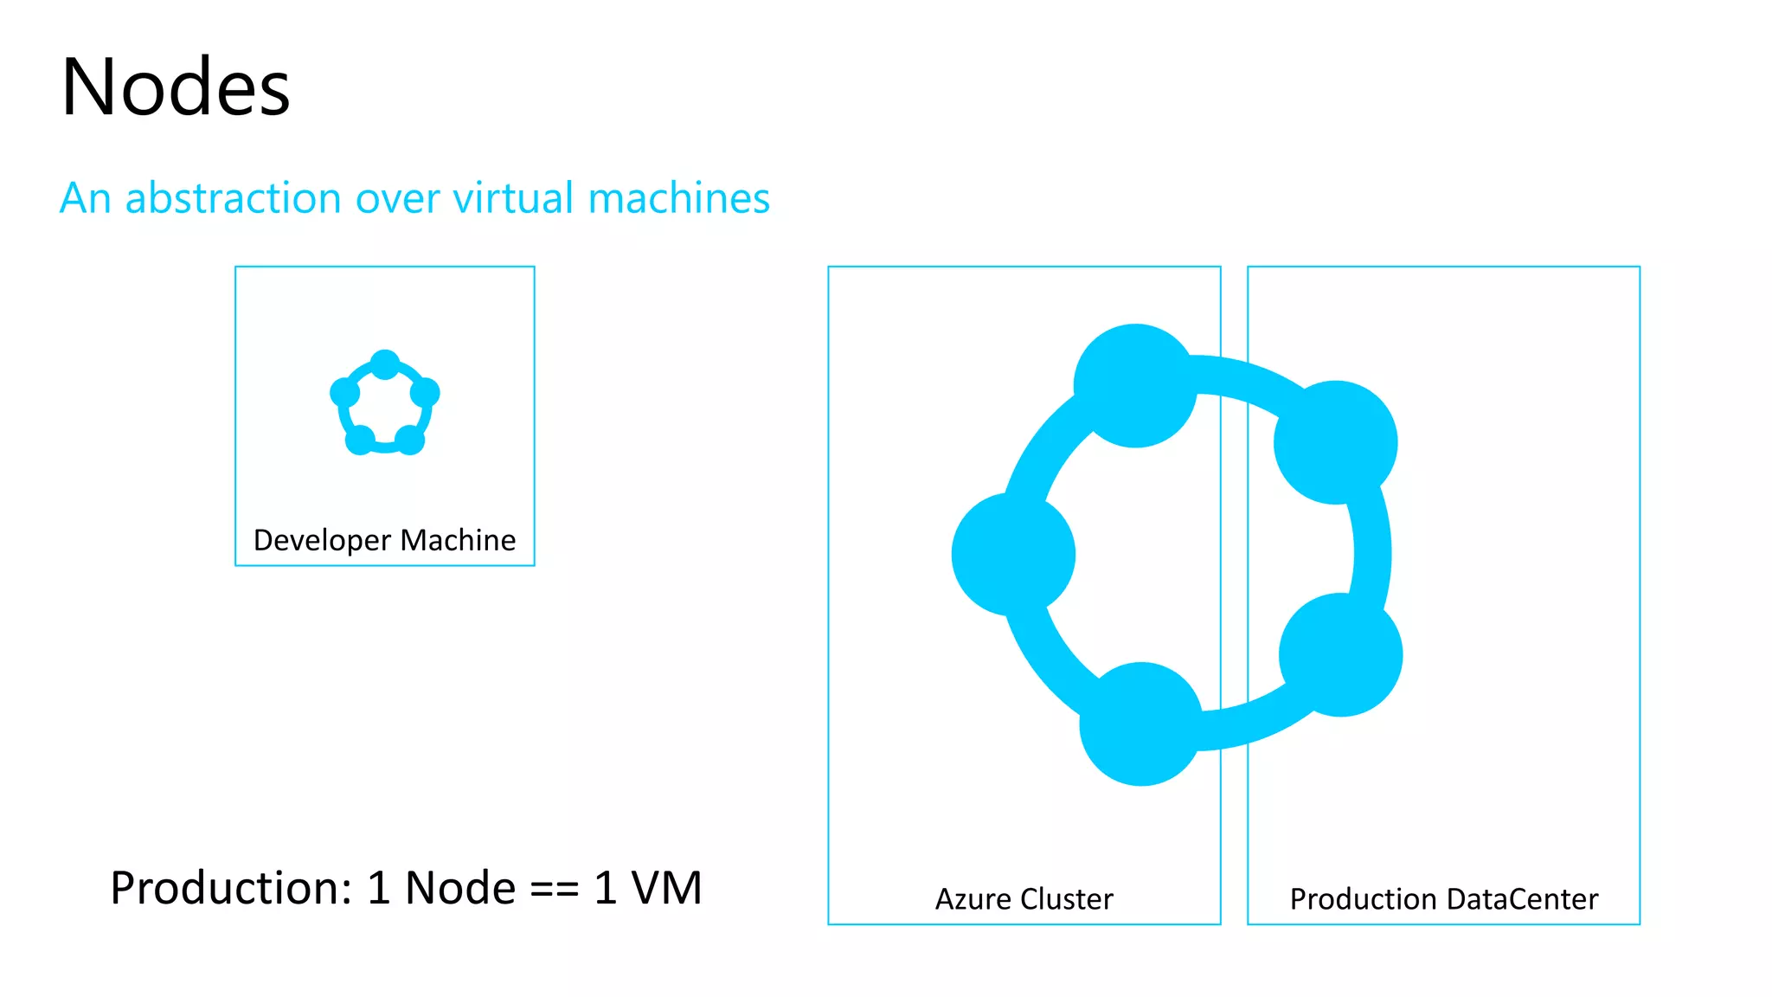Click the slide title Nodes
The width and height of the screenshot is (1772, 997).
176,87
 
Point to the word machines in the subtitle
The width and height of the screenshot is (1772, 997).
678,198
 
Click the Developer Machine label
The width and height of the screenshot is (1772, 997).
384,540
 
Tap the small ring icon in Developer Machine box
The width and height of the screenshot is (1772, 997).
385,403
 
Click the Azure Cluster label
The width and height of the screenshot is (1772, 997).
1024,899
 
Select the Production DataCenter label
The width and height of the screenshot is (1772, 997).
1443,899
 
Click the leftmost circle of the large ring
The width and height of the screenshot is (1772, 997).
1013,554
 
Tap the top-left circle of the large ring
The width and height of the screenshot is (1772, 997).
1135,386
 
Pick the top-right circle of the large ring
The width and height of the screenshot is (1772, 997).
1335,442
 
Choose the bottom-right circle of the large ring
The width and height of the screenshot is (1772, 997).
1340,654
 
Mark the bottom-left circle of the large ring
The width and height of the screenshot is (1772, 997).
1141,724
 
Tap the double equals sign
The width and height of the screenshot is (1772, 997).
554,889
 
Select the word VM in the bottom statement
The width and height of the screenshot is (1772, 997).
666,888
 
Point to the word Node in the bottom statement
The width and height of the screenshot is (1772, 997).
460,888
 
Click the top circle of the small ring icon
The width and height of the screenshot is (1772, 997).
385,363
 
